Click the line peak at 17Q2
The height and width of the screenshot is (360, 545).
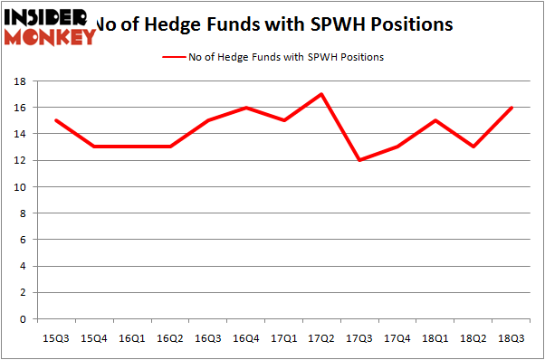pyautogui.click(x=321, y=94)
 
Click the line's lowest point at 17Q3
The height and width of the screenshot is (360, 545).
pyautogui.click(x=360, y=160)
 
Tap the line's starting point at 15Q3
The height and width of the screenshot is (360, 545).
pyautogui.click(x=55, y=120)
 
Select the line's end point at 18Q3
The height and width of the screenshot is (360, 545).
pyautogui.click(x=513, y=108)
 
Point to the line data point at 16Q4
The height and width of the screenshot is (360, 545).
pyautogui.click(x=245, y=108)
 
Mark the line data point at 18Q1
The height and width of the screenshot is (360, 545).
pyautogui.click(x=436, y=120)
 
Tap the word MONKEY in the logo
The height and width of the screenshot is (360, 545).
pyautogui.click(x=52, y=36)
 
